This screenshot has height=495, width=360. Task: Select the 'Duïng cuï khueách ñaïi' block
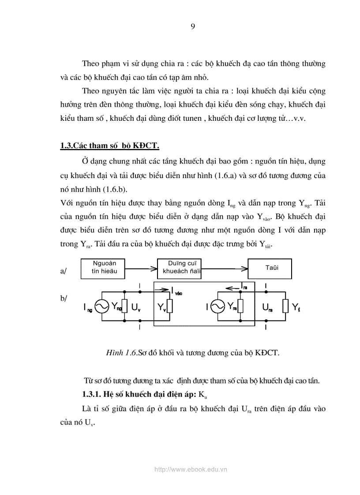tap(179, 268)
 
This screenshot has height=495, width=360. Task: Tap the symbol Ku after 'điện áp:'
tap(203, 394)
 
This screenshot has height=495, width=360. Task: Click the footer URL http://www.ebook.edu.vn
tap(191, 469)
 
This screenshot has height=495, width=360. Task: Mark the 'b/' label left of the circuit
tap(64, 298)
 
